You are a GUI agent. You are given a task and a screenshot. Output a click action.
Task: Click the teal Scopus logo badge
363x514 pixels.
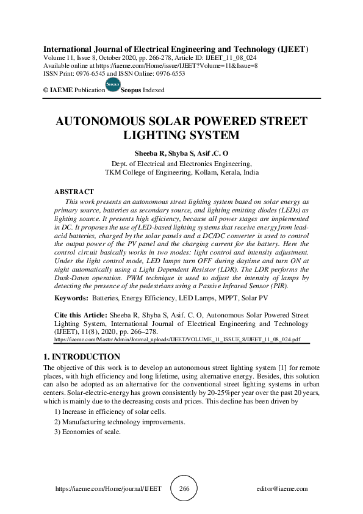tap(113, 84)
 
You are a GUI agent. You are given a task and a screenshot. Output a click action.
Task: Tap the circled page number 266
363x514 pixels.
tap(184, 489)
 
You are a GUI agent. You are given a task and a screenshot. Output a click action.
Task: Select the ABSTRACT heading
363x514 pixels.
tap(74, 192)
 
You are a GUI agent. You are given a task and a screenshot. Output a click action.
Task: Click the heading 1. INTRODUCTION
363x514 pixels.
tap(82, 357)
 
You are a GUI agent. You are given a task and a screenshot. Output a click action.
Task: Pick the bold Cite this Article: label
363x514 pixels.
tap(81, 316)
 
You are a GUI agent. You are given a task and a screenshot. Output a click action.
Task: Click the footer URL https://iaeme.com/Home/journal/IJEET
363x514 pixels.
tap(108, 489)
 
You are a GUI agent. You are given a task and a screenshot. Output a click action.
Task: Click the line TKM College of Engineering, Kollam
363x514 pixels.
tap(181, 172)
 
